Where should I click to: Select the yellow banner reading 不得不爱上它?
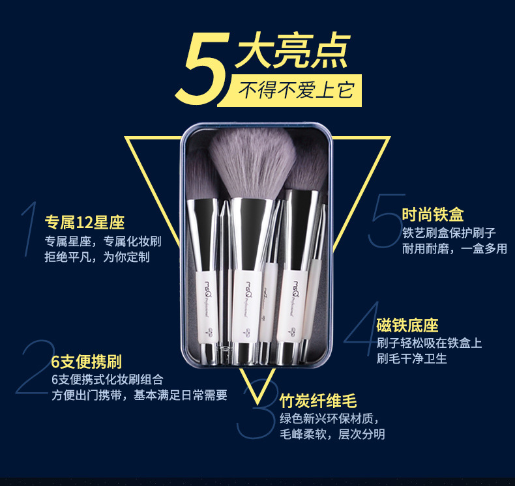[291, 91]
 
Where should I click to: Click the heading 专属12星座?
[85, 223]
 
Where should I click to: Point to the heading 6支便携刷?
[87, 362]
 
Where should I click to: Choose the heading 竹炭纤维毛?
[318, 401]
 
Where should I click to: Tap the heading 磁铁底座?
[407, 325]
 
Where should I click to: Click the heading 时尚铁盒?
[433, 214]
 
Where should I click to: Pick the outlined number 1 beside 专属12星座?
[29, 229]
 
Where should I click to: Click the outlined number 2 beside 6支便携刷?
[36, 367]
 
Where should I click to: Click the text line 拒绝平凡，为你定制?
[97, 257]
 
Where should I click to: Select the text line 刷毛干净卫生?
[412, 358]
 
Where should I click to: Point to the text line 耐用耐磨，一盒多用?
[455, 248]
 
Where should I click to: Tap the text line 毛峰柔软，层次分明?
[332, 434]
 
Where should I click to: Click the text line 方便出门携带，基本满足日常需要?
[140, 395]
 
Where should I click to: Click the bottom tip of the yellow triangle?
[258, 404]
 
